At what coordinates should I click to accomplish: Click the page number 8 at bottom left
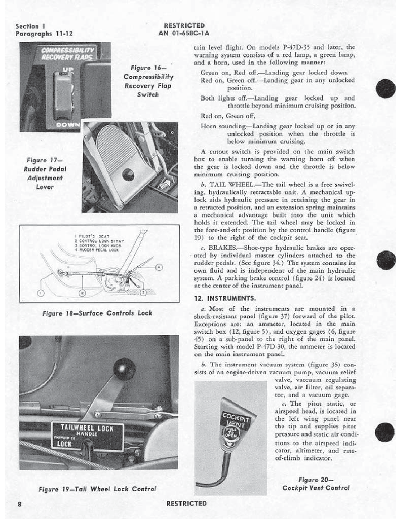click(19, 505)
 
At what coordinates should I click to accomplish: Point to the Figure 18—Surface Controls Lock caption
click(97, 313)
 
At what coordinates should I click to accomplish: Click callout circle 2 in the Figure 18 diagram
click(82, 293)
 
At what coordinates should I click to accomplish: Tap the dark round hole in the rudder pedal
click(128, 174)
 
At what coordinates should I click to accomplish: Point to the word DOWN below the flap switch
click(68, 125)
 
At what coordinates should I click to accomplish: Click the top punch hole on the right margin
click(385, 86)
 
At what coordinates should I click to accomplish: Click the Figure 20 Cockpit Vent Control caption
click(315, 484)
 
